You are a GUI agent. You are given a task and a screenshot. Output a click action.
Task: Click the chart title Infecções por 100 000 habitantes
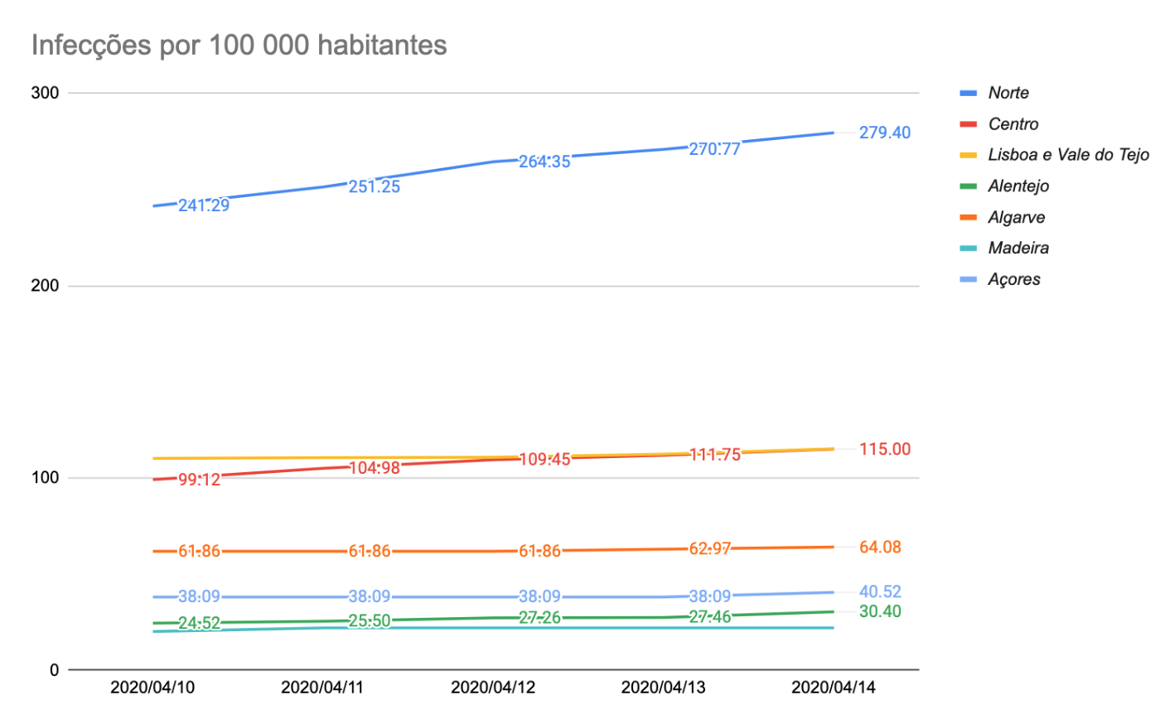(239, 45)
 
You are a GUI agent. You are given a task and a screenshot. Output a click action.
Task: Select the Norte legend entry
(1008, 93)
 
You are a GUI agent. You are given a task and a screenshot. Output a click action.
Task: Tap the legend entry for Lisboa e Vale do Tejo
(1068, 155)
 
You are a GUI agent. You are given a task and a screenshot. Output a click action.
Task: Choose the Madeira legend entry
(1018, 248)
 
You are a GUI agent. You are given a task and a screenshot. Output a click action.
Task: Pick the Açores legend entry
(1014, 279)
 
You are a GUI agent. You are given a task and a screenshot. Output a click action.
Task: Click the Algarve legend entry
(1016, 217)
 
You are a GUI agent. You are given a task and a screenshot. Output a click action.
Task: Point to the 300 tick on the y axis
(45, 93)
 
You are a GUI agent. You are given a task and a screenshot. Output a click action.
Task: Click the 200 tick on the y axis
(45, 286)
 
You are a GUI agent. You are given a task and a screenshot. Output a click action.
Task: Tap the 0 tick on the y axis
(54, 669)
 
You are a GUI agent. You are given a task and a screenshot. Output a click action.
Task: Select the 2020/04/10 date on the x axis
(152, 688)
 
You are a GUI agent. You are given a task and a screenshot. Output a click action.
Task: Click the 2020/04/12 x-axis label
(493, 688)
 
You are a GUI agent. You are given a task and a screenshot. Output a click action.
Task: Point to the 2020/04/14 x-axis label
(833, 688)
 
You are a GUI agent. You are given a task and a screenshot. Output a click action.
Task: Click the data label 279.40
(884, 133)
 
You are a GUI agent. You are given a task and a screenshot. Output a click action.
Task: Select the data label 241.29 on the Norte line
(204, 205)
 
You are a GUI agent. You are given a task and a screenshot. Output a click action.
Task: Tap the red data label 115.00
(884, 449)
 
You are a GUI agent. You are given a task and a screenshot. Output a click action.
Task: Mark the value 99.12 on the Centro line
(199, 480)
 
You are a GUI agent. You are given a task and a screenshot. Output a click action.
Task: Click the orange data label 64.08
(880, 547)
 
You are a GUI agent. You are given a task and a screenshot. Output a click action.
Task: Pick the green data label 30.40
(880, 611)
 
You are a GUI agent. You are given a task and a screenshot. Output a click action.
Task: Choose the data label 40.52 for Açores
(880, 591)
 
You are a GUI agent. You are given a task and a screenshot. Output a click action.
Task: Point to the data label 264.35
(544, 162)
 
